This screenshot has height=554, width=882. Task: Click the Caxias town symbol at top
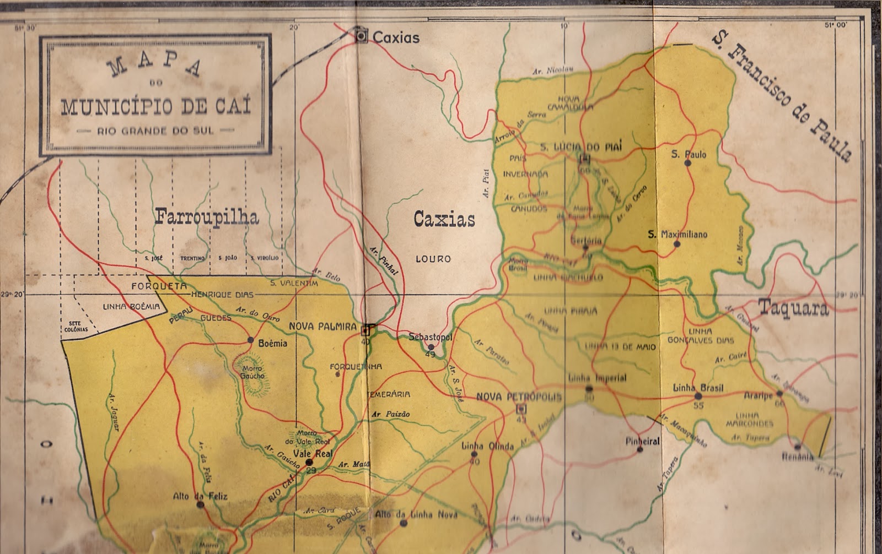click(x=362, y=36)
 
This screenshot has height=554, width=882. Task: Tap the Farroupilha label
click(x=207, y=216)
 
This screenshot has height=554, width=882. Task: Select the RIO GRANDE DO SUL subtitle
click(x=155, y=131)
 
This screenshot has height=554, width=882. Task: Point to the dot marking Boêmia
click(x=250, y=340)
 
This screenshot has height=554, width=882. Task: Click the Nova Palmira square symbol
click(x=365, y=330)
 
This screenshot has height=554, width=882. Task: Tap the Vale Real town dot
click(x=309, y=463)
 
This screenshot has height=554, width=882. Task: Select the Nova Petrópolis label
click(x=518, y=397)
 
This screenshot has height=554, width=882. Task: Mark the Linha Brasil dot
click(x=698, y=396)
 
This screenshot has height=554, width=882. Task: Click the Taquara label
click(x=793, y=308)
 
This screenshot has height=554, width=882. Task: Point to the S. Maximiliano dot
click(x=677, y=244)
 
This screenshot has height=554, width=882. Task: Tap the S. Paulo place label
click(x=689, y=155)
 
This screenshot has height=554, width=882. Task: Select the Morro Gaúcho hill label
click(x=252, y=372)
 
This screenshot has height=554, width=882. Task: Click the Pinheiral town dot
click(x=640, y=449)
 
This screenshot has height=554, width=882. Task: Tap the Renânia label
click(x=797, y=457)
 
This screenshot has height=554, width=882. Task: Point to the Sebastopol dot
click(x=431, y=346)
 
